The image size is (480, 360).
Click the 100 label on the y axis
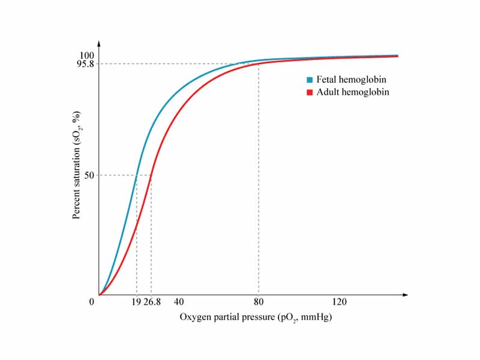87,56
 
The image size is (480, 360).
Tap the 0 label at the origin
92,302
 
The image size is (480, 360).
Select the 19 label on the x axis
136,302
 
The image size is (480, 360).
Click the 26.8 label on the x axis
152,302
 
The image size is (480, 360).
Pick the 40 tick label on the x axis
179,302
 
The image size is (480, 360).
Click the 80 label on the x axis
259,302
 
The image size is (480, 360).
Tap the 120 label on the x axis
339,302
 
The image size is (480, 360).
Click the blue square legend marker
310,80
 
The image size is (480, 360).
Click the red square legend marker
310,92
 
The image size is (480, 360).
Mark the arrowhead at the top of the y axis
99,44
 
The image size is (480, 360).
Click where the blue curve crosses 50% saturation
137,175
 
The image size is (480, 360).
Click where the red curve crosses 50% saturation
151,175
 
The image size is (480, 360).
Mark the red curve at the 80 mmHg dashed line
259,64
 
